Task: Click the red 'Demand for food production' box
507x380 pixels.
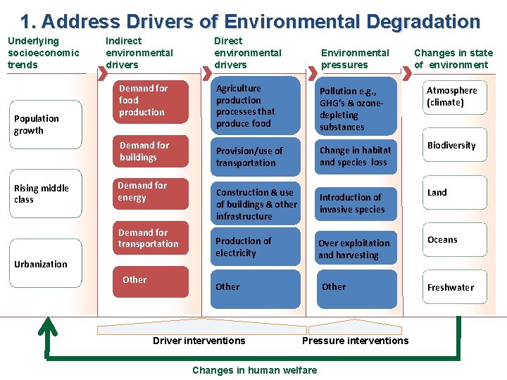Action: pyautogui.click(x=152, y=101)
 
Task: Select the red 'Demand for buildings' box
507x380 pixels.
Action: pyautogui.click(x=152, y=151)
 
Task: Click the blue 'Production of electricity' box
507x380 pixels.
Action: pyautogui.click(x=255, y=247)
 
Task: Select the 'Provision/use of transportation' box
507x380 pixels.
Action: pyautogui.click(x=255, y=157)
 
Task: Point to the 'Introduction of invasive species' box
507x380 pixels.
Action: pyautogui.click(x=356, y=203)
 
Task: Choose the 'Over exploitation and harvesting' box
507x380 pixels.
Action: pyautogui.click(x=356, y=249)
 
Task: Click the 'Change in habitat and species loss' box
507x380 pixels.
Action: pyautogui.click(x=356, y=156)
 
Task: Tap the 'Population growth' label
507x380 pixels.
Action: pyautogui.click(x=37, y=125)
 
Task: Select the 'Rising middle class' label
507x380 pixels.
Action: pyautogui.click(x=41, y=194)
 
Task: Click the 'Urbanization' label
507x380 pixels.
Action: pyautogui.click(x=41, y=265)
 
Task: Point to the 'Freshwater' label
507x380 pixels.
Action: pyautogui.click(x=451, y=288)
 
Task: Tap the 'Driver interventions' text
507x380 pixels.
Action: pyautogui.click(x=199, y=341)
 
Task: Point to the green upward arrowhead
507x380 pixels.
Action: pyautogui.click(x=48, y=325)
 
